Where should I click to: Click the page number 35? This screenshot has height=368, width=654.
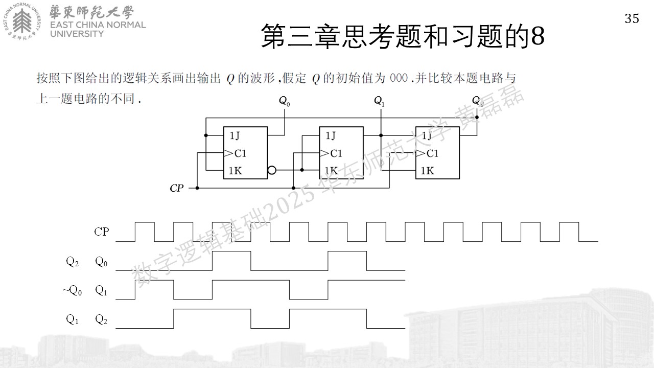(632, 19)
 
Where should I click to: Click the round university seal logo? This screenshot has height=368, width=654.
(22, 21)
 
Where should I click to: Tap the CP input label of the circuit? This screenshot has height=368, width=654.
(177, 189)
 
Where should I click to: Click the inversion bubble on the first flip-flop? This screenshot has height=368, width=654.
(271, 170)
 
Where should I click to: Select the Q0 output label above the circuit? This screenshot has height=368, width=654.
(285, 101)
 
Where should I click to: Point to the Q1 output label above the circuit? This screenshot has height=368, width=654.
(379, 101)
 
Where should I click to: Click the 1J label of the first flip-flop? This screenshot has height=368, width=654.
(235, 135)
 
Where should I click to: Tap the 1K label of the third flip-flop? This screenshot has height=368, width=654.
(427, 171)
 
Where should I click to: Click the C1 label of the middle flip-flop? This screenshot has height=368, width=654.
(336, 153)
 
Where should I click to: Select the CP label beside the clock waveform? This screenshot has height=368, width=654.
(101, 232)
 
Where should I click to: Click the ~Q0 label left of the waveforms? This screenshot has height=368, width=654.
(72, 291)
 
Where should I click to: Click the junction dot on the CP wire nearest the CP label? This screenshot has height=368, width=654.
(197, 188)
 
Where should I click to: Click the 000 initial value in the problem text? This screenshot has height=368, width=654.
(399, 78)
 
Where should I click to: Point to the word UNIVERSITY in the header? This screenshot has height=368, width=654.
(77, 34)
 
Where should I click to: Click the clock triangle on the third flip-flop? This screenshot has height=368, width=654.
(420, 153)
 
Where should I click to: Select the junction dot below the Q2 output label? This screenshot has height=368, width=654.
(477, 118)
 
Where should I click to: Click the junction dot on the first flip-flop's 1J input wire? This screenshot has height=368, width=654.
(206, 135)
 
